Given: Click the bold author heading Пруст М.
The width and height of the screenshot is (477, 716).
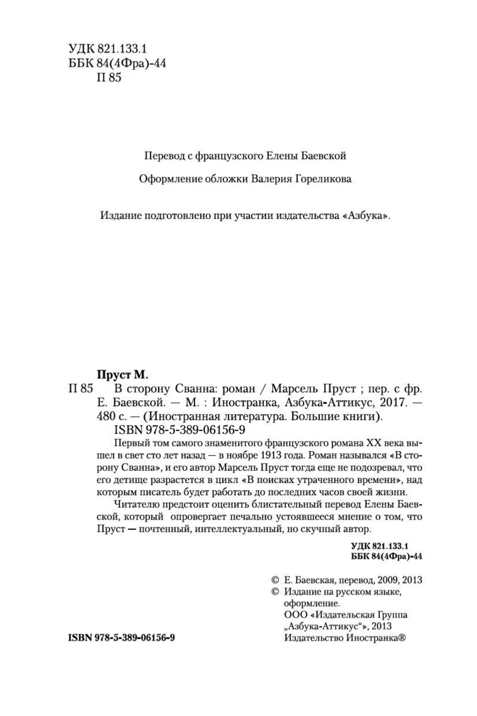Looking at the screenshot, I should [x=121, y=374].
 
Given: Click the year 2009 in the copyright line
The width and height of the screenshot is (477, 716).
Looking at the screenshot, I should [x=389, y=580].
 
